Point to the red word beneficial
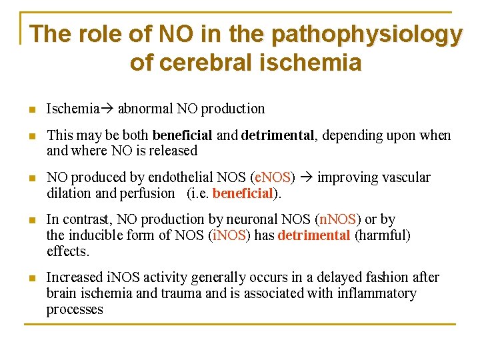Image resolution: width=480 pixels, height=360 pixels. click(x=243, y=193)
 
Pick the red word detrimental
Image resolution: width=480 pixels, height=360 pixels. click(x=313, y=235)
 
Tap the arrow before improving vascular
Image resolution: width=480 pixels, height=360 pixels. click(x=307, y=177)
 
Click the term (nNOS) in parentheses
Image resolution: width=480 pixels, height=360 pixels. click(x=339, y=219)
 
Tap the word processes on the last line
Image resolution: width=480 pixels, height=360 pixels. click(x=75, y=309)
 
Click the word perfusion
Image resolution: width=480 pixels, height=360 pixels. click(x=149, y=193)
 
